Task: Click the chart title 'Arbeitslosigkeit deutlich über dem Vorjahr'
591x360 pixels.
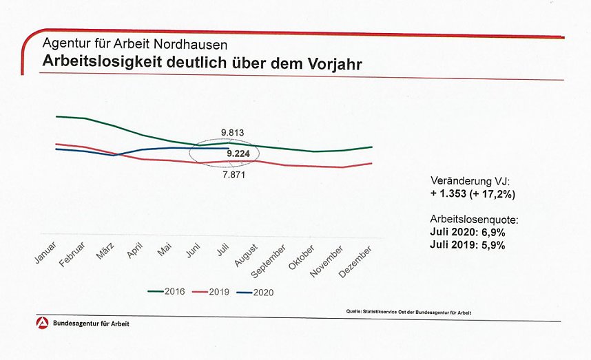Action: coord(202,61)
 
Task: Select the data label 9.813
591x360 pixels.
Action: coord(233,132)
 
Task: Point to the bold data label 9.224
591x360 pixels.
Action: coord(238,154)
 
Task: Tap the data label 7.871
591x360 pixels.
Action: coord(234,175)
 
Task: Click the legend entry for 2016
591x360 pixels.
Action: coord(166,292)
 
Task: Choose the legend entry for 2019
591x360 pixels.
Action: coord(210,292)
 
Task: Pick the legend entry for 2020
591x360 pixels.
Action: coord(254,292)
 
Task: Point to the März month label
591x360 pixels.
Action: coord(105,251)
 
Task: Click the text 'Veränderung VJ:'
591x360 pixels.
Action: coord(469,182)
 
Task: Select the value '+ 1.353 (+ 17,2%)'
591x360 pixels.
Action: coord(472,194)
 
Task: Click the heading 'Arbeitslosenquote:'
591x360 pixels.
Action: coord(473,220)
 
